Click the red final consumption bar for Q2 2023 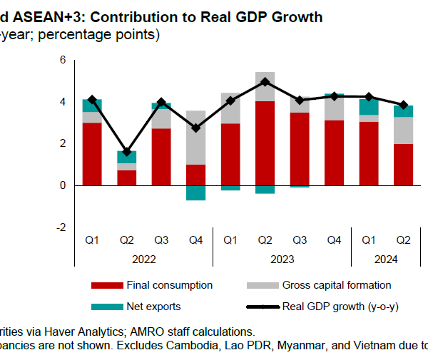coord(265,143)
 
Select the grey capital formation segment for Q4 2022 coord(195,138)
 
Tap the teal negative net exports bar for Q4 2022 coord(195,192)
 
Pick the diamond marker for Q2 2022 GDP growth coord(126,152)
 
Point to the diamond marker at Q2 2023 coord(265,82)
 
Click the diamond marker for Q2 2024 coord(403,105)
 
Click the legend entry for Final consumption coord(169,285)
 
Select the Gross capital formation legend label coord(337,285)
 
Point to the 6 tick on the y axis coord(63,61)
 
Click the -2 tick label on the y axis coord(61,227)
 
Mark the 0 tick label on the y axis coord(63,185)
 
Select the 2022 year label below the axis coord(143,259)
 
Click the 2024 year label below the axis coord(385,259)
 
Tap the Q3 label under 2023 coord(299,240)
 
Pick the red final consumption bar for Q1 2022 coord(92,153)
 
